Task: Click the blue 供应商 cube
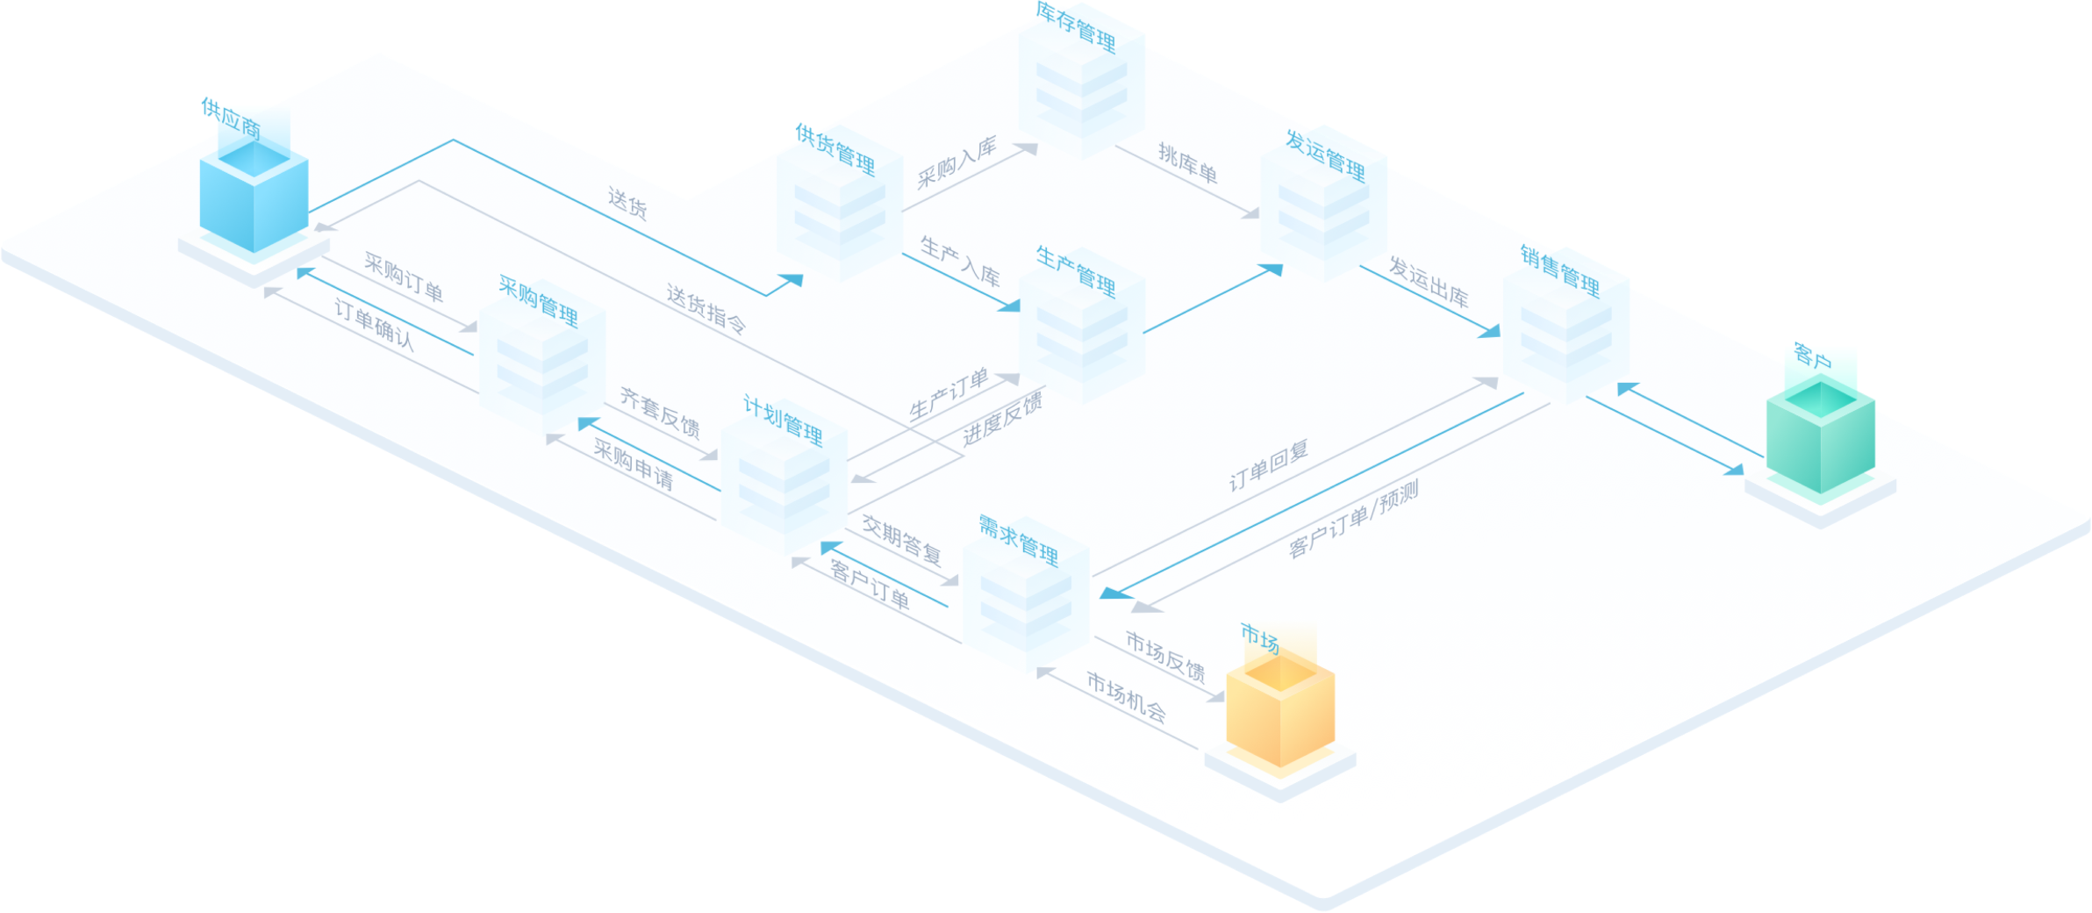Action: pyautogui.click(x=254, y=198)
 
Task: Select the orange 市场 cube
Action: pyautogui.click(x=1280, y=711)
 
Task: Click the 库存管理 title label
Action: pyautogui.click(x=1076, y=26)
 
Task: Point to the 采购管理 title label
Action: pyautogui.click(x=538, y=301)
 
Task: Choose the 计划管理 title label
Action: pyautogui.click(x=783, y=421)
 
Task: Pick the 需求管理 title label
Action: pyautogui.click(x=1019, y=540)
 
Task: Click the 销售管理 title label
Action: pyautogui.click(x=1560, y=270)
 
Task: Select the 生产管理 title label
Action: pyautogui.click(x=1076, y=271)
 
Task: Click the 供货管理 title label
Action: pyautogui.click(x=835, y=148)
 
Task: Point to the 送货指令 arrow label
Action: pyautogui.click(x=706, y=309)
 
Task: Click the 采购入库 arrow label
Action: pyautogui.click(x=956, y=163)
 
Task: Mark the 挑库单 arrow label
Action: pyautogui.click(x=1187, y=163)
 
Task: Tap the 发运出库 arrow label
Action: pyautogui.click(x=1429, y=282)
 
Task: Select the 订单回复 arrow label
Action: pyautogui.click(x=1269, y=465)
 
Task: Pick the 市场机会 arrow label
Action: pyautogui.click(x=1126, y=697)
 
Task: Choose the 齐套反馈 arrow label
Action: pyautogui.click(x=660, y=412)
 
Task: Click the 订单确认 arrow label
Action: pyautogui.click(x=374, y=324)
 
